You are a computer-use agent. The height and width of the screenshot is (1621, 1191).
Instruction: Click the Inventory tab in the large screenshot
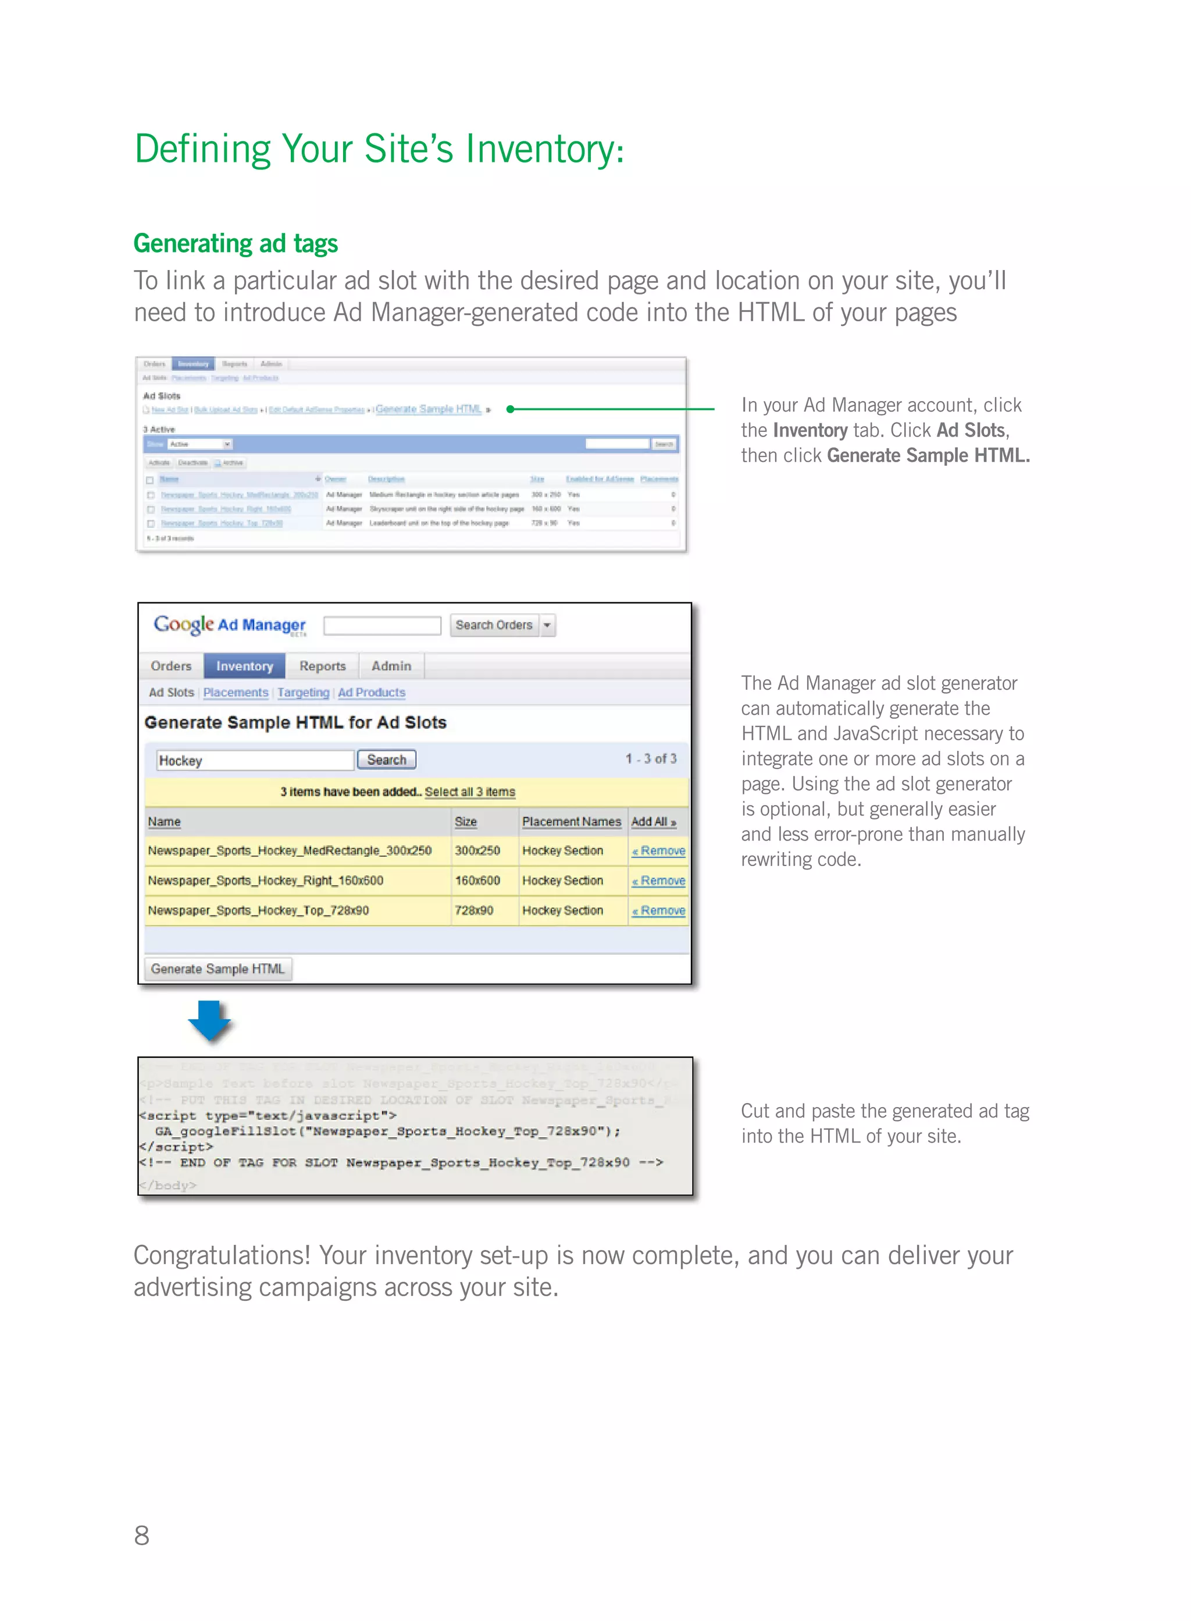point(244,666)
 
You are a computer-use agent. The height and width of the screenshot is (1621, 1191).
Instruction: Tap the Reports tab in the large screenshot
point(322,666)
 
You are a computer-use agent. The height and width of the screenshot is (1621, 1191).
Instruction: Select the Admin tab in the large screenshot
point(391,666)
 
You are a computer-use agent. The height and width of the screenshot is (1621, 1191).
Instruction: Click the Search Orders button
point(494,625)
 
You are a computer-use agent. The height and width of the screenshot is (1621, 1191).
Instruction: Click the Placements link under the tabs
point(235,693)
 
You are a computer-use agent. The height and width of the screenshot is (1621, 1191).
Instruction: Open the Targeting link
point(303,693)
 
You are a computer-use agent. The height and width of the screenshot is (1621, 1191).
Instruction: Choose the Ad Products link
point(371,693)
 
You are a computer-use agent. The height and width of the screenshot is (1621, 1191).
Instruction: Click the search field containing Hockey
point(255,760)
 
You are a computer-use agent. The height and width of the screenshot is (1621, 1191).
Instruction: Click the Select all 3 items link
point(469,792)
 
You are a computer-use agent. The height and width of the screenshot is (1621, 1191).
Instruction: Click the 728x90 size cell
point(473,910)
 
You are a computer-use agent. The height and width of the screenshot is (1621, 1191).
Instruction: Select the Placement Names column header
point(571,822)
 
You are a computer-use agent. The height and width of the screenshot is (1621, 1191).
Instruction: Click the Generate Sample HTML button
point(217,969)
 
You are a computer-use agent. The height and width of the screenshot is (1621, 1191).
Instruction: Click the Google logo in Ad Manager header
point(183,624)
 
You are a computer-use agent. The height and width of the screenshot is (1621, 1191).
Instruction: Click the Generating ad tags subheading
point(235,244)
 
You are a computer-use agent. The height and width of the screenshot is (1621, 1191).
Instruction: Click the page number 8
point(142,1535)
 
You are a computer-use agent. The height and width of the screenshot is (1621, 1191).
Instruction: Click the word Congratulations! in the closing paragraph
point(222,1256)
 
